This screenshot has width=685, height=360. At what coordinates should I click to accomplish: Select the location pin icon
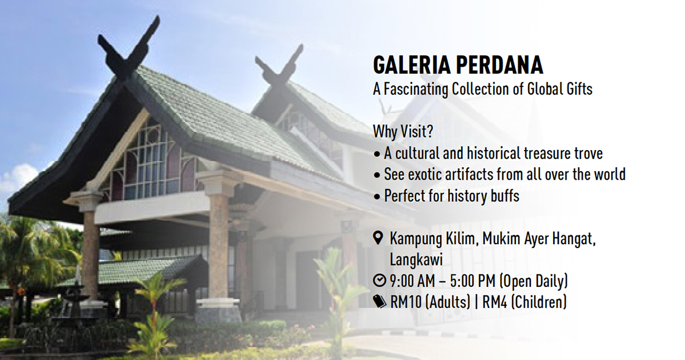pos(378,238)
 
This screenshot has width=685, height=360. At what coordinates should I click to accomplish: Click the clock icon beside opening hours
pos(380,281)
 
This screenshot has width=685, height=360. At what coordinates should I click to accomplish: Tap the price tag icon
pos(380,301)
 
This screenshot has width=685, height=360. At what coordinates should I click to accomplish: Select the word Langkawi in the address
pos(416,260)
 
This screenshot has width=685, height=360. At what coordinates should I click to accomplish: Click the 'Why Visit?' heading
pos(403,132)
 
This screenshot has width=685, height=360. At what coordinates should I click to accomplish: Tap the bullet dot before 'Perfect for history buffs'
pos(377,197)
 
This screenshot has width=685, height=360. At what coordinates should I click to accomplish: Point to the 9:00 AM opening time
pos(412,281)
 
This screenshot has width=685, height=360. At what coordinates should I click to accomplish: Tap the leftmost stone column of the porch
pos(91,254)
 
